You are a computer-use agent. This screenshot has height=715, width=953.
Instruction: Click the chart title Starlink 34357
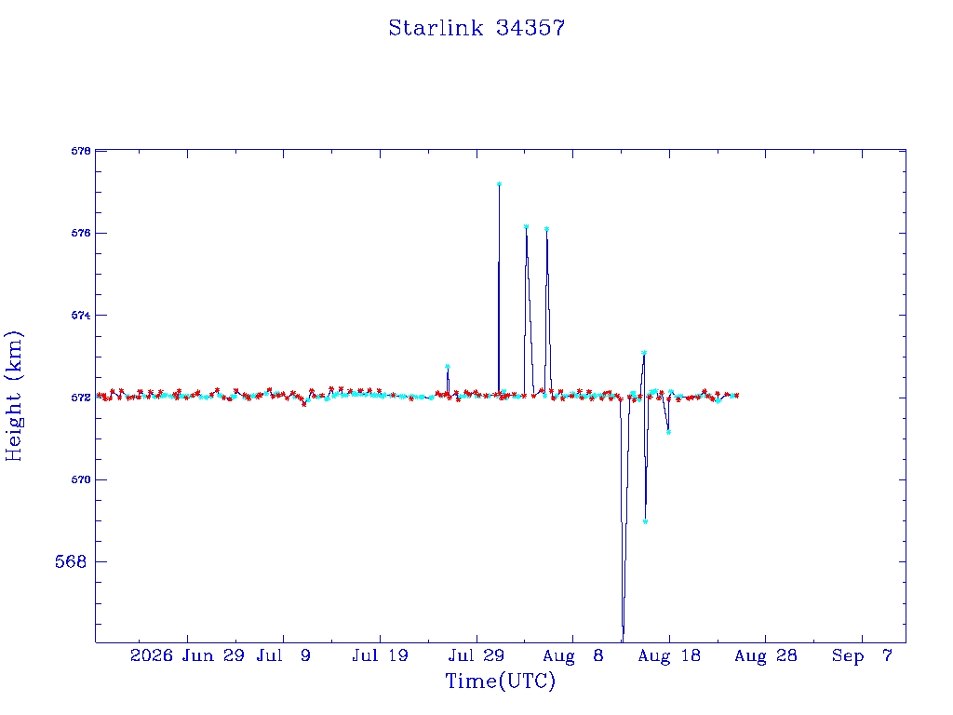[476, 28]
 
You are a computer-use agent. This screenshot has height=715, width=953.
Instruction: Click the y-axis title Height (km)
[13, 397]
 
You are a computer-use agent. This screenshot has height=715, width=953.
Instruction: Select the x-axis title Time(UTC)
[500, 681]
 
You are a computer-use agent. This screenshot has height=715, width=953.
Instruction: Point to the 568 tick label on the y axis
[71, 561]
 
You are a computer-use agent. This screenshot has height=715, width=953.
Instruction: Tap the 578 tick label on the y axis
[81, 151]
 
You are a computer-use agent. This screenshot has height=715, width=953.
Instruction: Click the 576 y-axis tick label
[81, 233]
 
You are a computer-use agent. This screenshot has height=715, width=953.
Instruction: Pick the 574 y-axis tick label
[81, 315]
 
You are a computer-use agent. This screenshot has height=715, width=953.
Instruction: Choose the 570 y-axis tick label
[81, 479]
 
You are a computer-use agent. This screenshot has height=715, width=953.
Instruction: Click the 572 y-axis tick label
[81, 398]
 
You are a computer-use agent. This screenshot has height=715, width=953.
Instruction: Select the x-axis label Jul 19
[380, 655]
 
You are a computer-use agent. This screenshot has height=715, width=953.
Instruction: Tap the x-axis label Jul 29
[476, 655]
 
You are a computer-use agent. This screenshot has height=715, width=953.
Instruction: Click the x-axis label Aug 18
[669, 655]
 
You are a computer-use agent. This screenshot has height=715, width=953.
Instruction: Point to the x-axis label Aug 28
[765, 655]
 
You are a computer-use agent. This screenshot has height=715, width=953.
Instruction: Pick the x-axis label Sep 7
[862, 655]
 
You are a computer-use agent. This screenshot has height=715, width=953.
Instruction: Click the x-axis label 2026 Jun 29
[186, 655]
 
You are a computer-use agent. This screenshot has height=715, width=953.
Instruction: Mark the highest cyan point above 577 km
[499, 183]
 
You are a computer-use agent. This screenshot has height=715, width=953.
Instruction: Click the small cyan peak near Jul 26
[448, 366]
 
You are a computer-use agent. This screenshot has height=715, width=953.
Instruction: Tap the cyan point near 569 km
[646, 521]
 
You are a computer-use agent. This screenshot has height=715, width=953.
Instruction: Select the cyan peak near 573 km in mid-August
[644, 353]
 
